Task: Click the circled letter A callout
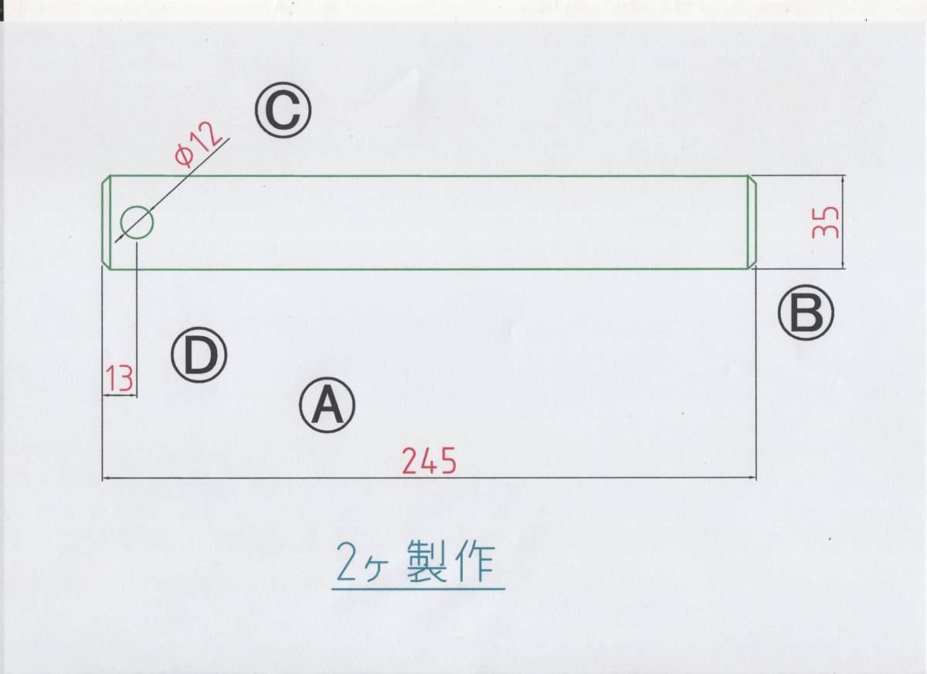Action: tap(327, 405)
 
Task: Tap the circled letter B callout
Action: tap(806, 314)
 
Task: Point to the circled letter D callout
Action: tap(199, 356)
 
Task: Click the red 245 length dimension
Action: tap(429, 461)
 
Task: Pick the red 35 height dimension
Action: tap(825, 223)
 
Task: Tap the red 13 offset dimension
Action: tap(120, 378)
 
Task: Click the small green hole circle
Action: tap(137, 223)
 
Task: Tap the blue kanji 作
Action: tap(475, 563)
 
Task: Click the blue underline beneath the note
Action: tap(417, 589)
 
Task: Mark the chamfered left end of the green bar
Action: tap(107, 223)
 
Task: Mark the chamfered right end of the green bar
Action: tap(750, 223)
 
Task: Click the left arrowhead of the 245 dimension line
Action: tap(107, 478)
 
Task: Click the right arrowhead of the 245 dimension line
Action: tap(751, 478)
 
